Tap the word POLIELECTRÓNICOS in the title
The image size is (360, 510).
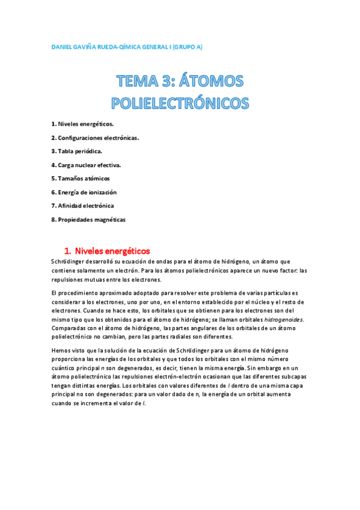[180, 103]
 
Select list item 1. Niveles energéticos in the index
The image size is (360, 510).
[82, 124]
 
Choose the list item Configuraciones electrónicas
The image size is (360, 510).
[95, 138]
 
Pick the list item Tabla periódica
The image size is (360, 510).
[76, 151]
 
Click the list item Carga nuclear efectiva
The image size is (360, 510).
[87, 165]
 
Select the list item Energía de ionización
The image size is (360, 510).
[84, 192]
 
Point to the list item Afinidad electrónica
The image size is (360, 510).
[82, 206]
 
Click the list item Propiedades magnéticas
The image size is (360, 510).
[88, 220]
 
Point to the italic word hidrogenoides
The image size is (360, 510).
[285, 319]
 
